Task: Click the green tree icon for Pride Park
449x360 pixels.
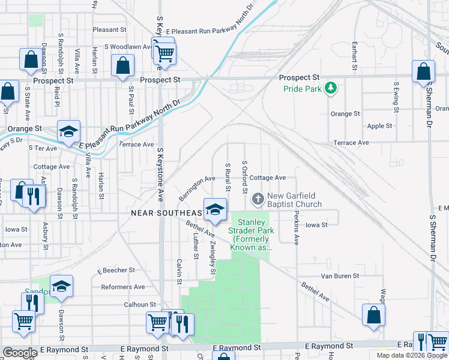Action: coord(330,89)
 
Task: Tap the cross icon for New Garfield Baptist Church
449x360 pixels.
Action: coord(258,198)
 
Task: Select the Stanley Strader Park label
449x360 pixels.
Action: coord(250,235)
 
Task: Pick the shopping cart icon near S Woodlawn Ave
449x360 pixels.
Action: coord(163,52)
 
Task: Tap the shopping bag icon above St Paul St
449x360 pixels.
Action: coord(122,67)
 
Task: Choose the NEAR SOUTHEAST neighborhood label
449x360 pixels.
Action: coord(167,214)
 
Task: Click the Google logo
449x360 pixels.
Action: coord(20,353)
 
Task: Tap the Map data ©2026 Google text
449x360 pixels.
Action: coord(411,355)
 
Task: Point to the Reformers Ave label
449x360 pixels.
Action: coord(123,287)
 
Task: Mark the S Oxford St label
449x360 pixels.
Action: coord(244,177)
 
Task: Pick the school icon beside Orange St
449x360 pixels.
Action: coord(68,131)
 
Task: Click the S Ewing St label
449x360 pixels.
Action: coord(396,92)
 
